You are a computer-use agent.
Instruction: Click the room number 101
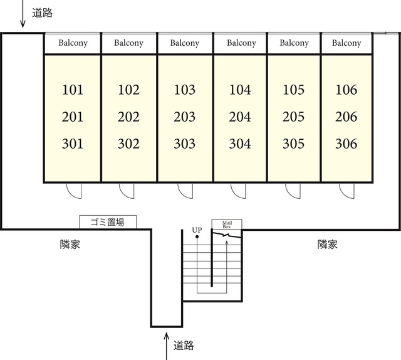[x=73, y=90]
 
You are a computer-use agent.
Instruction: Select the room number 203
[x=185, y=117]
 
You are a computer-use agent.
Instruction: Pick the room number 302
[x=128, y=144]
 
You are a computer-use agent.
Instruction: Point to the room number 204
[x=240, y=117]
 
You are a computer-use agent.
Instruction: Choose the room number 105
[x=293, y=90]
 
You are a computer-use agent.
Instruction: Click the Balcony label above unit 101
[x=73, y=43]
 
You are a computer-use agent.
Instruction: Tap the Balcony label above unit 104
[x=241, y=43]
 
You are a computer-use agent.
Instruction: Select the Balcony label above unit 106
[x=346, y=43]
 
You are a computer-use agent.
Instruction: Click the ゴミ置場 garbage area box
[x=108, y=221]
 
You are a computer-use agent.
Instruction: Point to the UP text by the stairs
[x=197, y=230]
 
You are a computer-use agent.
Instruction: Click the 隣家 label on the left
[x=70, y=245]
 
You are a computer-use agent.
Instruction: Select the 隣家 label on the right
[x=327, y=245]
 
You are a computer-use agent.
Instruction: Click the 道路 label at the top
[x=42, y=13]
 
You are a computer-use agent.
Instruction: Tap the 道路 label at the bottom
[x=184, y=345]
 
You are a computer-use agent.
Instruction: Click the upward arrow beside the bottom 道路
[x=166, y=345]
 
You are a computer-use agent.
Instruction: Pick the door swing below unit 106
[x=346, y=190]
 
